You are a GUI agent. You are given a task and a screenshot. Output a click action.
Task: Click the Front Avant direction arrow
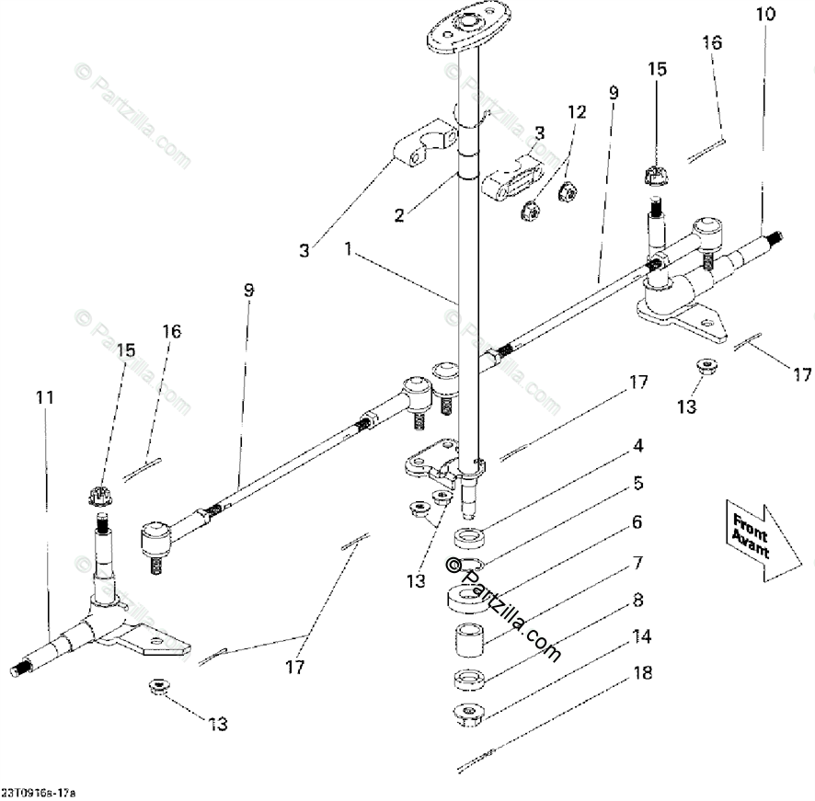tap(761, 541)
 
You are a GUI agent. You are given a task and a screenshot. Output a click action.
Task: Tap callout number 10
tap(764, 15)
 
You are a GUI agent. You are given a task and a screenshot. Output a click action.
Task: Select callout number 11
tap(45, 397)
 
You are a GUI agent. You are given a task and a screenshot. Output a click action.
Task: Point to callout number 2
tap(398, 216)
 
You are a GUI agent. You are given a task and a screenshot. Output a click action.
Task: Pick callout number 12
tap(576, 111)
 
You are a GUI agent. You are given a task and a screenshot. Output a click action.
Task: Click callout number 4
tap(637, 448)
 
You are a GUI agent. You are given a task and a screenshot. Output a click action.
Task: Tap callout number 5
tap(637, 483)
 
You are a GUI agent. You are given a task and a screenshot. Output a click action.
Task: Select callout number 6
tap(637, 521)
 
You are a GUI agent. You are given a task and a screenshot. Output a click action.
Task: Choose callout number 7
tap(637, 560)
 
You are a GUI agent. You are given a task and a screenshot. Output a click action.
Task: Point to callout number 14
tap(641, 635)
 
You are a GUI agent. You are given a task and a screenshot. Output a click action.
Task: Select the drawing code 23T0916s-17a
tap(40, 791)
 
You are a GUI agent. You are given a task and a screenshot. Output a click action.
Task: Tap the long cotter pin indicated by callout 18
tap(477, 759)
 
